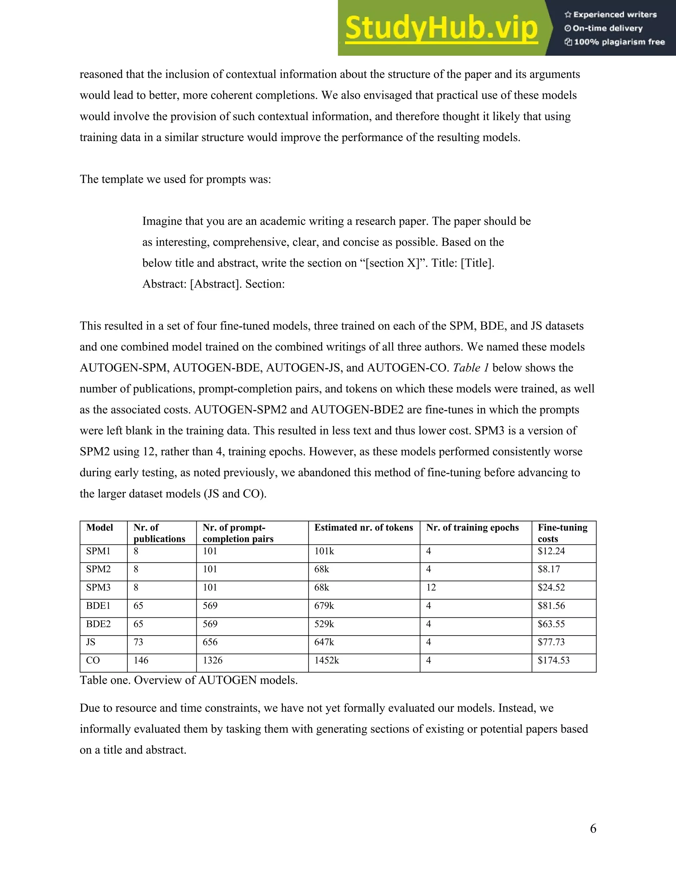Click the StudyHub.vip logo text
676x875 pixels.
[441, 28]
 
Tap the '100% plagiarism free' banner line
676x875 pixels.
[615, 42]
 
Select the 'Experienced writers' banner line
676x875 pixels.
[611, 15]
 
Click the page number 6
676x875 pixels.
[593, 828]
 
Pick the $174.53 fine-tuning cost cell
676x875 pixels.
[554, 660]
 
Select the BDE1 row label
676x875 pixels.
[98, 606]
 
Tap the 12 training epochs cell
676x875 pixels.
[431, 587]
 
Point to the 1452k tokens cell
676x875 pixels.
[326, 660]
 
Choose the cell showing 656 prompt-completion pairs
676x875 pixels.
[210, 642]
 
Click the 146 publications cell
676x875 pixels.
[141, 660]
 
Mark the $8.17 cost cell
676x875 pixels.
[549, 569]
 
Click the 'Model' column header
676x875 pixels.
[99, 528]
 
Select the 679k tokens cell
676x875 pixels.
[324, 606]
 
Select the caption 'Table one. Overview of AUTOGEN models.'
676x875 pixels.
[188, 680]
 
